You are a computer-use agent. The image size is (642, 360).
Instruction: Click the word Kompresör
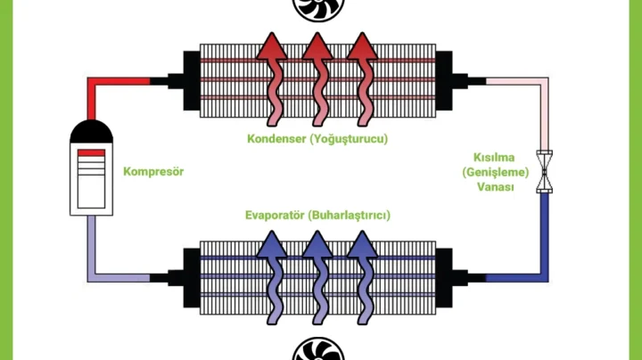pos(153,171)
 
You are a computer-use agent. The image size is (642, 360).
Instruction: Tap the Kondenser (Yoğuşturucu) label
pos(318,139)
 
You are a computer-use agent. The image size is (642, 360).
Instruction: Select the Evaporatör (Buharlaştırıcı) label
pos(318,216)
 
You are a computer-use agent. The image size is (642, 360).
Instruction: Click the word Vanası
pos(496,186)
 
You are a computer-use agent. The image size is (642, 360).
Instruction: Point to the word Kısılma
pos(496,156)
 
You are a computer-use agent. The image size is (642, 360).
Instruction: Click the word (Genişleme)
pos(496,171)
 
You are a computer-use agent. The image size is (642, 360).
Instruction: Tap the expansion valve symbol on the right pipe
pos(544,171)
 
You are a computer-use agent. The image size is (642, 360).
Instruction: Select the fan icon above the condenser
pos(317,8)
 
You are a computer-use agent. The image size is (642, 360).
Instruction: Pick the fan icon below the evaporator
pos(317,349)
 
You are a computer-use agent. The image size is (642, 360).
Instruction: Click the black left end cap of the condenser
pos(191,81)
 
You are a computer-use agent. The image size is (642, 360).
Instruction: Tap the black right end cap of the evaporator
pos(444,277)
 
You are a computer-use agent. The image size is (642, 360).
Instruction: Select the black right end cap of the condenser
pos(444,81)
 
